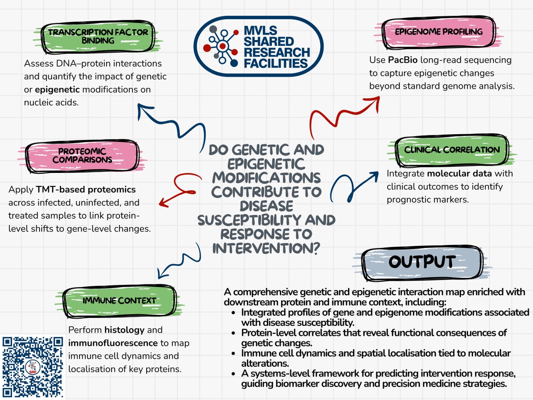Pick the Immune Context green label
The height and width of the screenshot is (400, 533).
119,301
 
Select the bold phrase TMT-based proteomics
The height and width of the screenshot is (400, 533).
86,190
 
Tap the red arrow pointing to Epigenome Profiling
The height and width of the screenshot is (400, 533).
342,111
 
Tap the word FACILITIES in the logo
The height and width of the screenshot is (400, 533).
276,63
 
